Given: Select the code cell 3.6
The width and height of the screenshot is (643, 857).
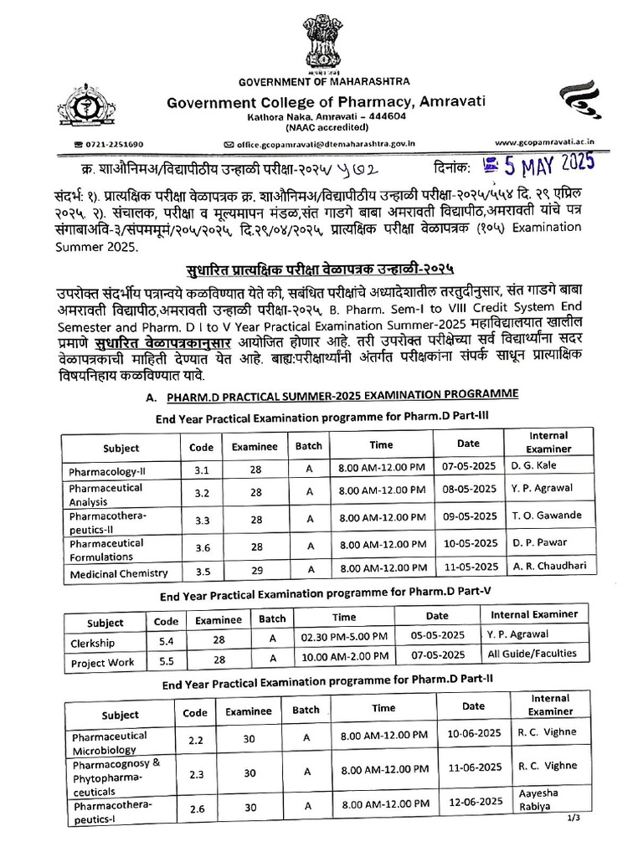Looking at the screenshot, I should (x=202, y=548).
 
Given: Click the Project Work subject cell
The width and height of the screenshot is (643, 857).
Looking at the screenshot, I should (x=103, y=662).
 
